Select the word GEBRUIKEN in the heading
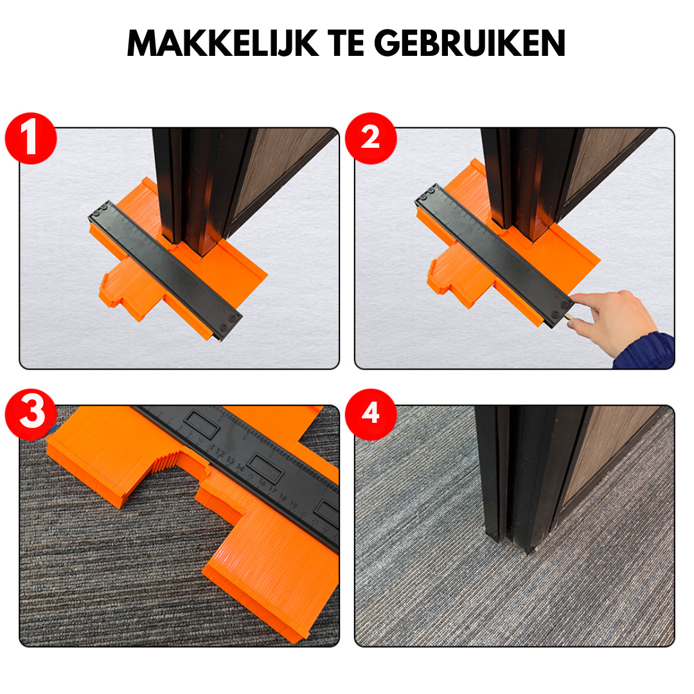pyautogui.click(x=470, y=44)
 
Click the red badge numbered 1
pyautogui.click(x=31, y=139)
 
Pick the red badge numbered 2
pyautogui.click(x=370, y=139)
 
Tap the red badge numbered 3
pyautogui.click(x=31, y=414)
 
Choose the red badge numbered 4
pyautogui.click(x=370, y=414)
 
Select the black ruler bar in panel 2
pyautogui.click(x=495, y=257)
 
